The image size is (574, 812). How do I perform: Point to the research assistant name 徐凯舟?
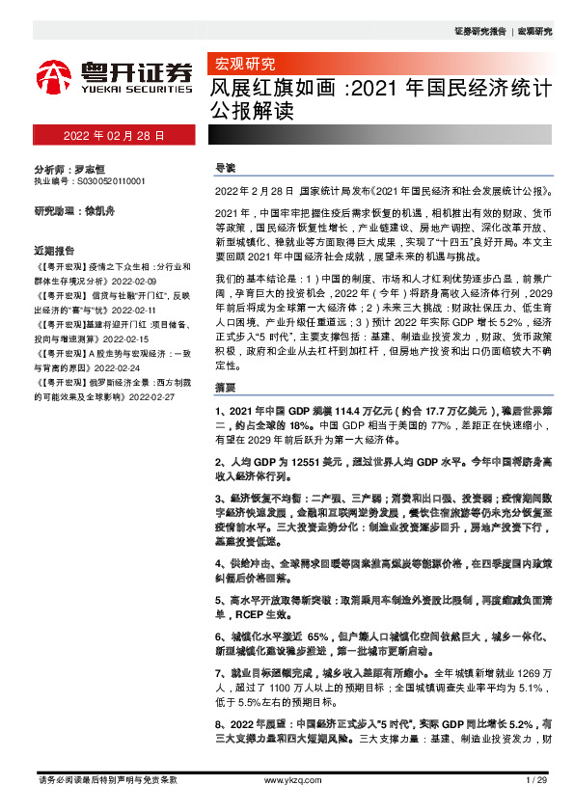click(x=100, y=210)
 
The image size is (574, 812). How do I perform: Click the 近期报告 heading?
click(x=54, y=247)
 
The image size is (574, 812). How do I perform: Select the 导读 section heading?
click(x=224, y=169)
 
